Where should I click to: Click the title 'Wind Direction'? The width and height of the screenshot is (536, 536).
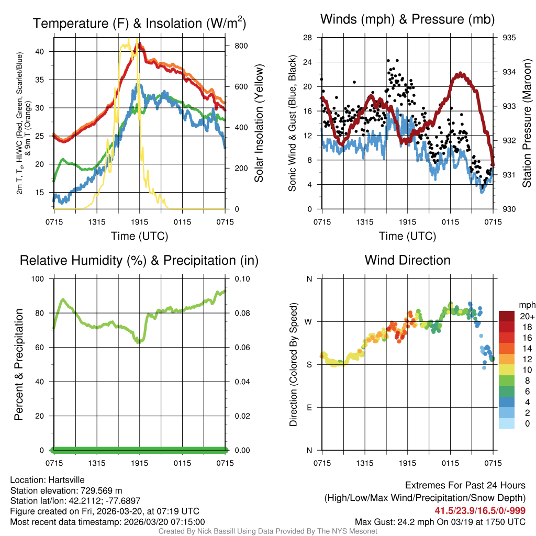(x=407, y=260)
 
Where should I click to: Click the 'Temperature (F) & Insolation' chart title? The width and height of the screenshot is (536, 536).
(x=139, y=24)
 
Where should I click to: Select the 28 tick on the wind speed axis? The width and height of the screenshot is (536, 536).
(x=308, y=38)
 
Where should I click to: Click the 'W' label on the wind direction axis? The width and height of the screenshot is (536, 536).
(x=309, y=321)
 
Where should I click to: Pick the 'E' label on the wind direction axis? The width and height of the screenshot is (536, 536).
(x=309, y=407)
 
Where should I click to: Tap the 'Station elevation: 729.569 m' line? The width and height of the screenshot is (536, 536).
(x=66, y=490)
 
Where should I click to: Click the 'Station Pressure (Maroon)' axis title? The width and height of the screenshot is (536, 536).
(x=527, y=123)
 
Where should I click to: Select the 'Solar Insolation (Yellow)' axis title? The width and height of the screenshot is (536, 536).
(x=258, y=123)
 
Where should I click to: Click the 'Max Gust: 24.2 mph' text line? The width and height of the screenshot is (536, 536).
(x=440, y=521)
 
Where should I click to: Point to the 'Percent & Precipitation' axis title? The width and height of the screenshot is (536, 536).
(x=18, y=364)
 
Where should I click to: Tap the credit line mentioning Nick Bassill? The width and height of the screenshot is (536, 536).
(x=267, y=531)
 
